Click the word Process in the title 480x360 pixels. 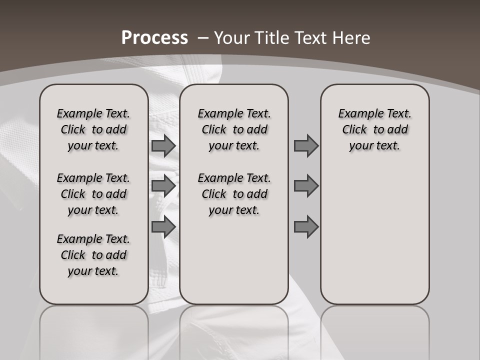tap(154, 38)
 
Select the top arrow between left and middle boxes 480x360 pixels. tap(163, 145)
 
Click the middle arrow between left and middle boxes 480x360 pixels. tap(163, 186)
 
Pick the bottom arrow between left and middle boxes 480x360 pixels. tap(163, 227)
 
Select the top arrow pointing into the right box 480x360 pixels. tap(306, 145)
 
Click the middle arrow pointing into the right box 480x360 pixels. tap(306, 186)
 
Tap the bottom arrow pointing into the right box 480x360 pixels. tap(306, 227)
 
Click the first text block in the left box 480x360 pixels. tap(93, 129)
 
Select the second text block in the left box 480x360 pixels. tap(93, 194)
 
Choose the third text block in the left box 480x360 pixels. tap(93, 255)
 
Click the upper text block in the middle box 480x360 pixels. tap(234, 129)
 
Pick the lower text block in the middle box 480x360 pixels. tap(234, 194)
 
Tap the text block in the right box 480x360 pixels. tap(374, 129)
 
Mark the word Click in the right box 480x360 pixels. tap(354, 130)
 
